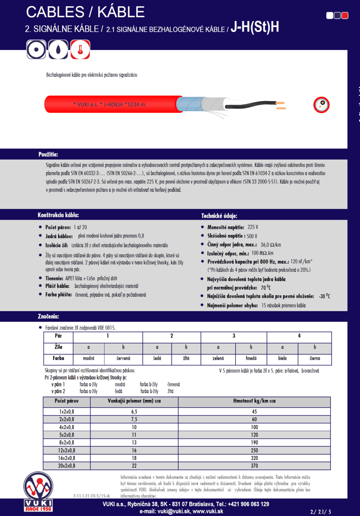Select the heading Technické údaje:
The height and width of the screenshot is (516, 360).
pos(219,215)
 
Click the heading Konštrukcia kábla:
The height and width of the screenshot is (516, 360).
pos(58,215)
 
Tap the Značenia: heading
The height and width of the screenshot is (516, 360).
pos(48,317)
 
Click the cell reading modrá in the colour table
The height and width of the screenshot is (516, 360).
pos(89,358)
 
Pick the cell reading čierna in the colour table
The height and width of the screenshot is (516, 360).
pos(314,358)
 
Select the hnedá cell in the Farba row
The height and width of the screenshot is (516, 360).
pos(251,358)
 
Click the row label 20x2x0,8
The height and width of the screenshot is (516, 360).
pos(67,466)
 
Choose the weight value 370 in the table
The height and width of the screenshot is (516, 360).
pos(254,466)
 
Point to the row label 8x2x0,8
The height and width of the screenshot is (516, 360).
pos(67,442)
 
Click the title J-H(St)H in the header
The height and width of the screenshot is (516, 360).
pos(255,28)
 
